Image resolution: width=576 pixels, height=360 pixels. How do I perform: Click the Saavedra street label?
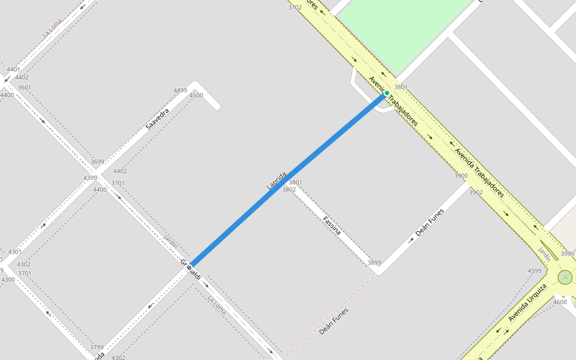click(x=157, y=119)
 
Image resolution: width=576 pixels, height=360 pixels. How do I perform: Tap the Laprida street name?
click(x=277, y=181)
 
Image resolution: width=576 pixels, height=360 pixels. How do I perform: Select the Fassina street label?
click(x=332, y=225)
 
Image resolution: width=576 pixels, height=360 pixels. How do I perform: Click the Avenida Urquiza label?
click(x=527, y=302)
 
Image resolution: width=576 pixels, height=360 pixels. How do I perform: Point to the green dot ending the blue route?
click(x=386, y=93)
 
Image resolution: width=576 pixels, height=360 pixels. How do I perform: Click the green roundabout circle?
click(x=565, y=277)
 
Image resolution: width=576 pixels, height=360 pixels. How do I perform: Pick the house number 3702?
click(x=295, y=7)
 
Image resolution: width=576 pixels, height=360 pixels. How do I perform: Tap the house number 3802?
click(x=289, y=190)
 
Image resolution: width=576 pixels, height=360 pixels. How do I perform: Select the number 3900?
click(x=461, y=176)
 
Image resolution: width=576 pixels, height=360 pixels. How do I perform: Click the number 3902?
click(x=476, y=193)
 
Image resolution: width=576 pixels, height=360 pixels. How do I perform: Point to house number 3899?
click(x=374, y=263)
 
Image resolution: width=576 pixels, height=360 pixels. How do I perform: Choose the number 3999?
click(x=567, y=254)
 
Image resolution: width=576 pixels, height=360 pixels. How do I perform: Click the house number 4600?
click(x=560, y=302)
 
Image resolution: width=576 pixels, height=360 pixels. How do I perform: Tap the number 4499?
click(x=180, y=91)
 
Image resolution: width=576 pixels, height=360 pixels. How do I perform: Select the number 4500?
click(x=196, y=95)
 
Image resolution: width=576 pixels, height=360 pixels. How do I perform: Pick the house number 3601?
click(x=25, y=88)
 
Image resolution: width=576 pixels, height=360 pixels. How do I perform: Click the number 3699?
click(x=97, y=162)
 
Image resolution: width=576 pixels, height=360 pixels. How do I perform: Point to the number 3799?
click(x=97, y=347)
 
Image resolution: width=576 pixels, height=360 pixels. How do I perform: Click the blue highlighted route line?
click(x=288, y=179)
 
